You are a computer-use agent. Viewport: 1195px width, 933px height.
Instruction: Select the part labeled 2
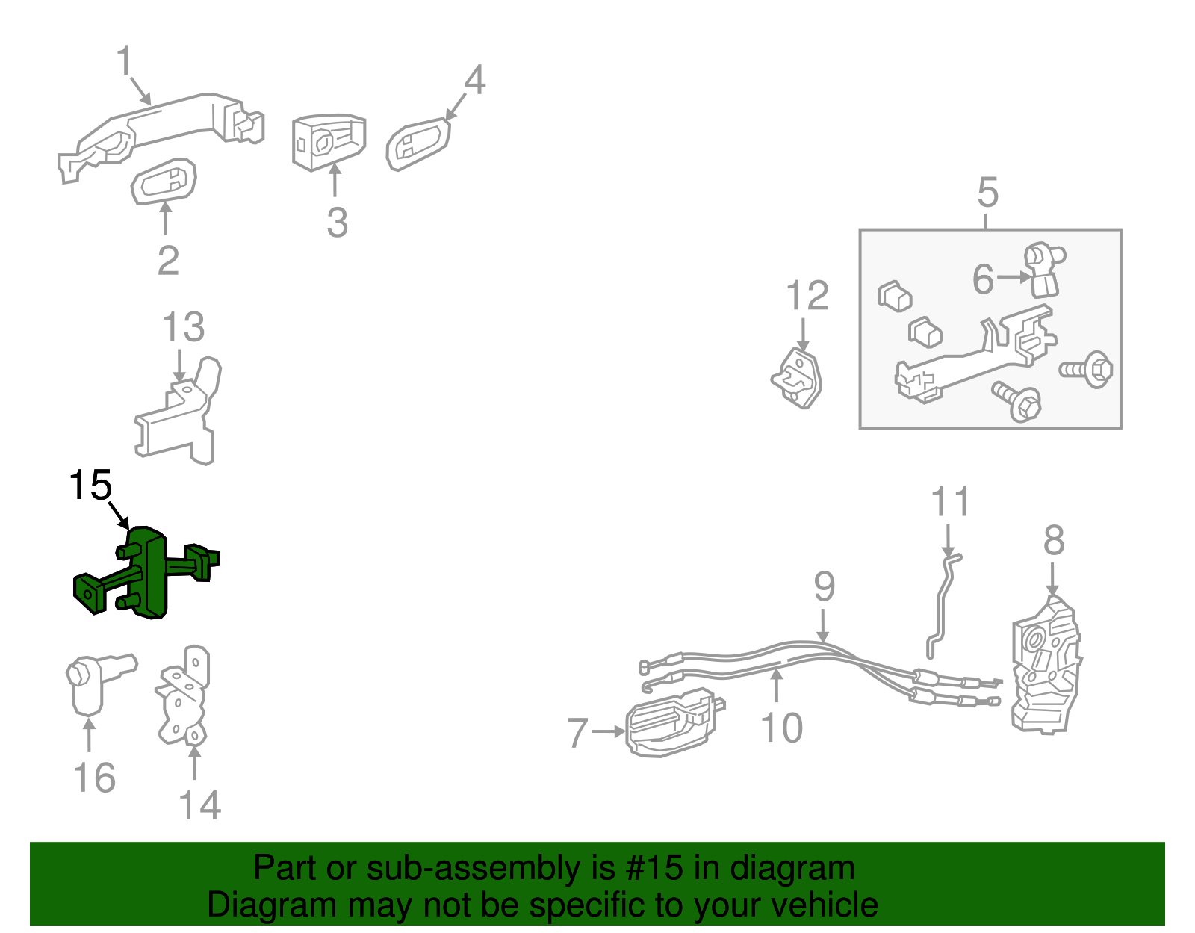pyautogui.click(x=164, y=182)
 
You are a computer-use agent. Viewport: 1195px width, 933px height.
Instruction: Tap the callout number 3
pyautogui.click(x=337, y=223)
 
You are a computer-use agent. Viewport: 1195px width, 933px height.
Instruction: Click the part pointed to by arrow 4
pyautogui.click(x=418, y=144)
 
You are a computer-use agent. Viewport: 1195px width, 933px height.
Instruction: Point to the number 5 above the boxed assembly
pyautogui.click(x=987, y=193)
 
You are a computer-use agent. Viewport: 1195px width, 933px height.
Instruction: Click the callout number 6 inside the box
pyautogui.click(x=984, y=279)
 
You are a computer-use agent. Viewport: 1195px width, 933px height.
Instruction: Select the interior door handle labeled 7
pyautogui.click(x=674, y=722)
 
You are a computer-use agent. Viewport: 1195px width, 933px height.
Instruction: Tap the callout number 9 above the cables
pyautogui.click(x=825, y=586)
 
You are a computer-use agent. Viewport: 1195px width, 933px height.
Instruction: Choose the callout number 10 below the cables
pyautogui.click(x=781, y=728)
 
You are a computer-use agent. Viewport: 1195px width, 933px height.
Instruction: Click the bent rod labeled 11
pyautogui.click(x=942, y=605)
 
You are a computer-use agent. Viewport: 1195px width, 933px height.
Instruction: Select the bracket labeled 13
pyautogui.click(x=179, y=412)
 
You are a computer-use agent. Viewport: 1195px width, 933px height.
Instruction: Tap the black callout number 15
pyautogui.click(x=90, y=485)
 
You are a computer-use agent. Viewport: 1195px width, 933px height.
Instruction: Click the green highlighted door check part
pyautogui.click(x=146, y=571)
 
